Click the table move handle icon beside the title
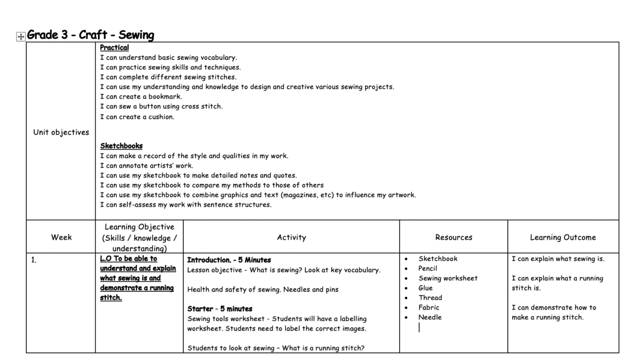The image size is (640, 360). [x=21, y=36]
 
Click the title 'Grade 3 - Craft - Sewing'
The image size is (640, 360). [x=90, y=35]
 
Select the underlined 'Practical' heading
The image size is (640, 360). [x=114, y=47]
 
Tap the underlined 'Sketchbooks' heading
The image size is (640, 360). [x=121, y=146]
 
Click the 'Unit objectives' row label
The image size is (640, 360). [x=61, y=132]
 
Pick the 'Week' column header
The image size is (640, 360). [x=61, y=237]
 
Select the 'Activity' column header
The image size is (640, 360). [x=291, y=237]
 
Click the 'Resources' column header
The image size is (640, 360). [x=453, y=237]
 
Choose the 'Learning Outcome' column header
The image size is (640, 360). [x=562, y=237]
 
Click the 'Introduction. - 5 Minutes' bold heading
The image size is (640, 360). [x=228, y=260]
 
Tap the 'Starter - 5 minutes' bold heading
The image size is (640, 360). [x=219, y=308]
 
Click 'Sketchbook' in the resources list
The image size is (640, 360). [x=437, y=258]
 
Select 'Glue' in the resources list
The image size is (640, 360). [x=425, y=288]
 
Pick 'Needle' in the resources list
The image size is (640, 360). [x=430, y=317]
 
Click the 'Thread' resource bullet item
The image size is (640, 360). [x=430, y=297]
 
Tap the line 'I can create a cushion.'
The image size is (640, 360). [x=137, y=117]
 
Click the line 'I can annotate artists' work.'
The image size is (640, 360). [x=146, y=165]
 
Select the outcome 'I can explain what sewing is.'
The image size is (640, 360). [x=558, y=259]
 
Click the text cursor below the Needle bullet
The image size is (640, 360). [x=419, y=327]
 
